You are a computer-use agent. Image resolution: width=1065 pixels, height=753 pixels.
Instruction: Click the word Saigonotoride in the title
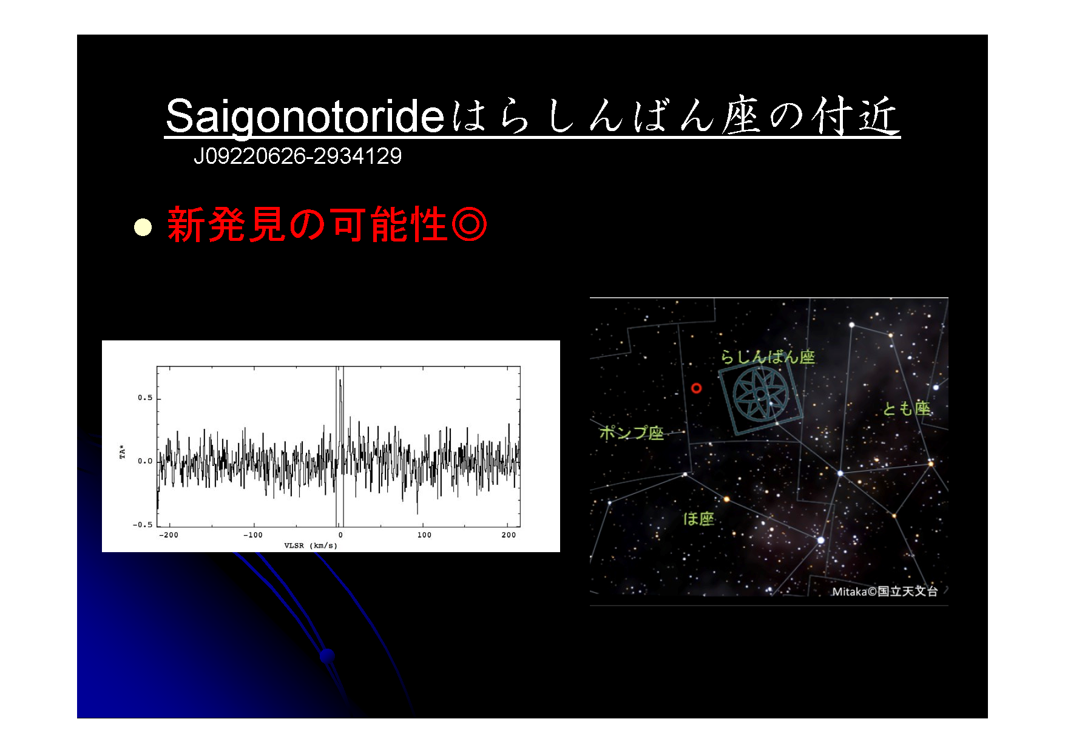(305, 116)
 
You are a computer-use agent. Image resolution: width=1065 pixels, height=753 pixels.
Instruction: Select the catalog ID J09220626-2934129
(297, 157)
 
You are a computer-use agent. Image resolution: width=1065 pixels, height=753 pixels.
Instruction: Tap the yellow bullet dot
(143, 227)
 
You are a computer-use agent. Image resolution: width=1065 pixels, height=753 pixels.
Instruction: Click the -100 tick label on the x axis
(253, 535)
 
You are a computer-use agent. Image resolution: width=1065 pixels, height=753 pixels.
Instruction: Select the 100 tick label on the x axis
(424, 535)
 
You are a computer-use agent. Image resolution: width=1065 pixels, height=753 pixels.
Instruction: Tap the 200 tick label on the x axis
(509, 535)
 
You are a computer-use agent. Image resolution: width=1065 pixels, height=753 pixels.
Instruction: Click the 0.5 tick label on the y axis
(145, 398)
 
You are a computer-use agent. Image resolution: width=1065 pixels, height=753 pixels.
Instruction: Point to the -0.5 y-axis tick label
(143, 525)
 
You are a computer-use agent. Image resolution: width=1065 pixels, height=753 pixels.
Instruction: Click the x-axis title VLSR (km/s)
(311, 545)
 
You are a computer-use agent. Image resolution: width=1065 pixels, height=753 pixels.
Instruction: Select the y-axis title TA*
(123, 452)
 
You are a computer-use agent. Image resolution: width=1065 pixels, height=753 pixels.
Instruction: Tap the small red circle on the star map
(697, 388)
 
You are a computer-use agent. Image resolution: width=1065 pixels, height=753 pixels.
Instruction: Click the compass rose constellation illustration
(761, 395)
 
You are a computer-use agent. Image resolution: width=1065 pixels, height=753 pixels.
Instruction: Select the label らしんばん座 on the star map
(768, 357)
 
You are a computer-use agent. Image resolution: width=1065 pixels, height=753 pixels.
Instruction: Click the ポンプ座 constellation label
(631, 433)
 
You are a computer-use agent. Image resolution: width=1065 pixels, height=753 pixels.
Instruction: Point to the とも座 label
(907, 408)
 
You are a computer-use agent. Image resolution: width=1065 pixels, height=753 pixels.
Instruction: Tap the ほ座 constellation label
(699, 519)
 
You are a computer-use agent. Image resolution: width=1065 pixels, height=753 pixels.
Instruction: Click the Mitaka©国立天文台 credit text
(885, 591)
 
